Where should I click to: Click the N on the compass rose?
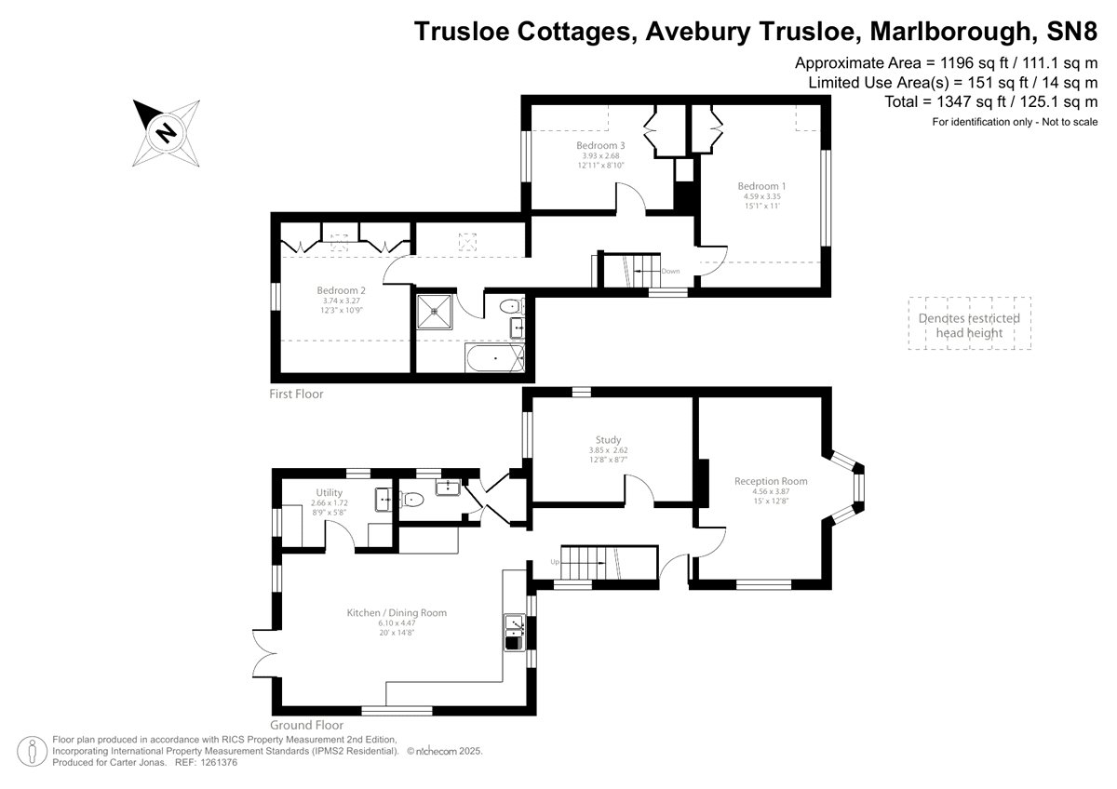(166, 133)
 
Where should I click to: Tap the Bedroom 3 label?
(600, 145)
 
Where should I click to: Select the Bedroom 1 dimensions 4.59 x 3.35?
(762, 196)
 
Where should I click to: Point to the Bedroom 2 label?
(341, 290)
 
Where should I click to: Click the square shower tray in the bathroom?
(435, 312)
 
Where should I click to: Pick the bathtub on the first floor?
(494, 358)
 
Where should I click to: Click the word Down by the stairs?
(670, 271)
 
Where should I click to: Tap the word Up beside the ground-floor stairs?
(555, 562)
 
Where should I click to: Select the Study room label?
(608, 439)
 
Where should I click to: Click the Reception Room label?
(771, 481)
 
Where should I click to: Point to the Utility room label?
(330, 493)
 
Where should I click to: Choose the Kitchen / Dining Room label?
(397, 612)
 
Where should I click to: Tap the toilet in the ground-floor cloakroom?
(412, 499)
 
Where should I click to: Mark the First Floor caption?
(296, 394)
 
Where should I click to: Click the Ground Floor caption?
(306, 725)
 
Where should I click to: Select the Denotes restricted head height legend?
(969, 326)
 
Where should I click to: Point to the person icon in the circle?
(33, 751)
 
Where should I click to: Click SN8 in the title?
(1071, 32)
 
